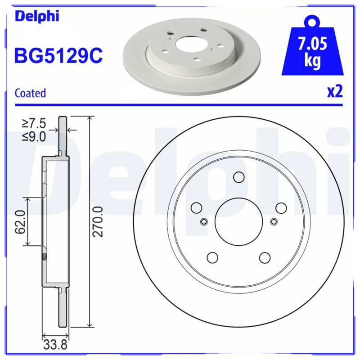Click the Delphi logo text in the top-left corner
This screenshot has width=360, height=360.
tap(37, 16)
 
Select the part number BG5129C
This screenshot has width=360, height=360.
tap(58, 55)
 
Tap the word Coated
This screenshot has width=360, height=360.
tap(30, 93)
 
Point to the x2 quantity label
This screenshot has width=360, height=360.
tap(335, 91)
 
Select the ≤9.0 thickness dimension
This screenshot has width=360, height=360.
tap(34, 137)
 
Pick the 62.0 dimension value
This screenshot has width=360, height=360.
tap(20, 221)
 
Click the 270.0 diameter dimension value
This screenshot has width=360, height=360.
tap(98, 221)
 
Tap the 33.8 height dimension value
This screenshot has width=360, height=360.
tap(55, 345)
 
